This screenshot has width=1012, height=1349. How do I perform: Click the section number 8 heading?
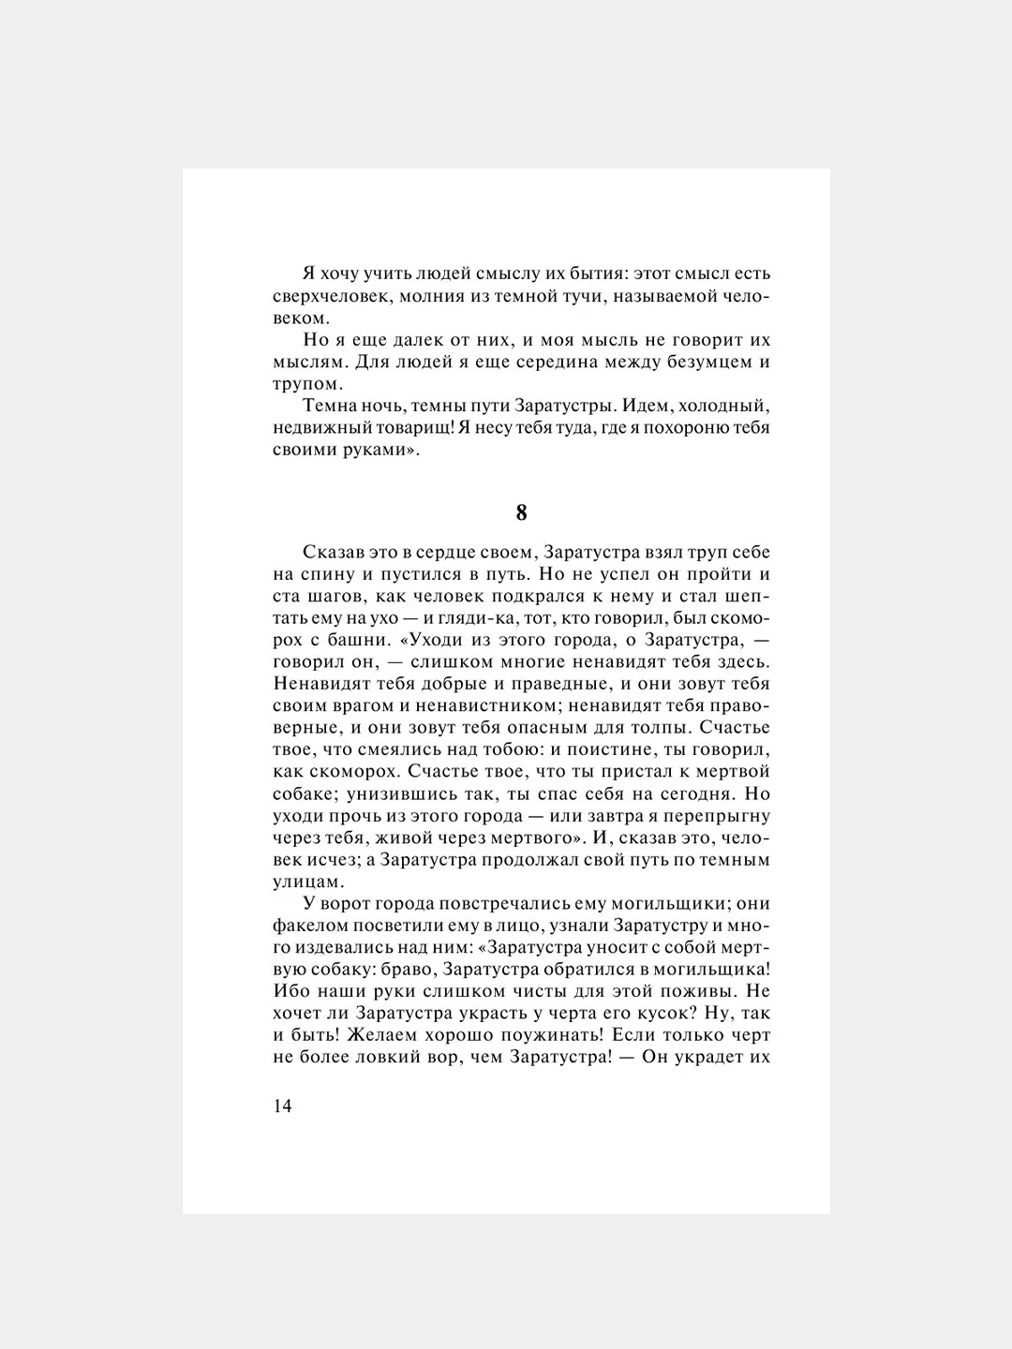pos(521,513)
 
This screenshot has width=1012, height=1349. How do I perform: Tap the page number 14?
pos(283,1106)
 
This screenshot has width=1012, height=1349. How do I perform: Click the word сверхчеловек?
pos(326,297)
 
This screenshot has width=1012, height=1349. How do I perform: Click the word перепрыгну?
pos(717,816)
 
